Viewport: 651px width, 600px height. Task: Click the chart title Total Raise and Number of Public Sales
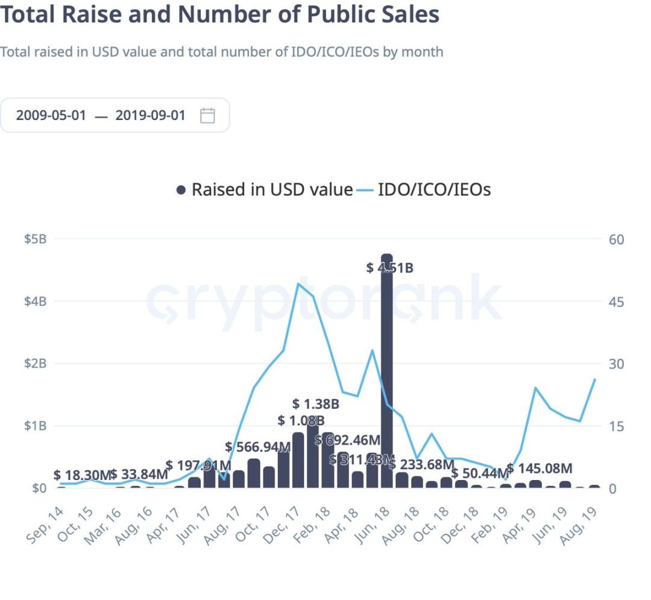coord(219,14)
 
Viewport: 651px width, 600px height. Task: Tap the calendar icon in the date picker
coord(207,115)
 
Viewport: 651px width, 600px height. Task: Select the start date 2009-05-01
coord(51,115)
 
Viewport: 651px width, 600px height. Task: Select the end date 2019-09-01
coord(151,115)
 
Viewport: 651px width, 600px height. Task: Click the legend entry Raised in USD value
coord(265,190)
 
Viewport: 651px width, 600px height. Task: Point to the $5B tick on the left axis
coord(35,239)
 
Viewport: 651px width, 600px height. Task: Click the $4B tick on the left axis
coord(35,301)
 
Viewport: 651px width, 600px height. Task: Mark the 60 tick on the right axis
coord(615,239)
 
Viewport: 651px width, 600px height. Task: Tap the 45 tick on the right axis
coord(615,301)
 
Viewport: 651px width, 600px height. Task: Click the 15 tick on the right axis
coord(615,426)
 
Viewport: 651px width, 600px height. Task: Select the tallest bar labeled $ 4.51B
coord(387,374)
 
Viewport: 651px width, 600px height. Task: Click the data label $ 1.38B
coord(316,403)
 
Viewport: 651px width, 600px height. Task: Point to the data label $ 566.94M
coord(258,447)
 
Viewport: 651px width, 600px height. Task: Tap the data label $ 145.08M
coord(539,468)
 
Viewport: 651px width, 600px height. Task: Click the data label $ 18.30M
coord(83,475)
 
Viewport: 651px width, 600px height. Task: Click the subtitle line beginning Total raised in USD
coord(221,52)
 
